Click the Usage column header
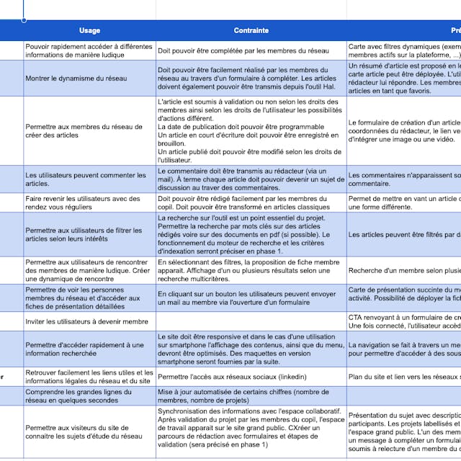pos(89,30)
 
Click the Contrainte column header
pos(251,30)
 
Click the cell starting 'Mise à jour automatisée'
pos(251,396)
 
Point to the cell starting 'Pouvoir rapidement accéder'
pos(89,50)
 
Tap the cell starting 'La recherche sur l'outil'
pos(251,235)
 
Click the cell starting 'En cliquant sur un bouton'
pos(251,298)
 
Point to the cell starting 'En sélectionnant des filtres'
pos(251,271)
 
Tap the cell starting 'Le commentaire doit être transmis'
pos(251,179)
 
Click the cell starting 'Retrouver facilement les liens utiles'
pos(89,376)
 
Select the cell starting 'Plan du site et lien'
pos(404,376)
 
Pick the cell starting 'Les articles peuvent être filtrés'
pos(404,235)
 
